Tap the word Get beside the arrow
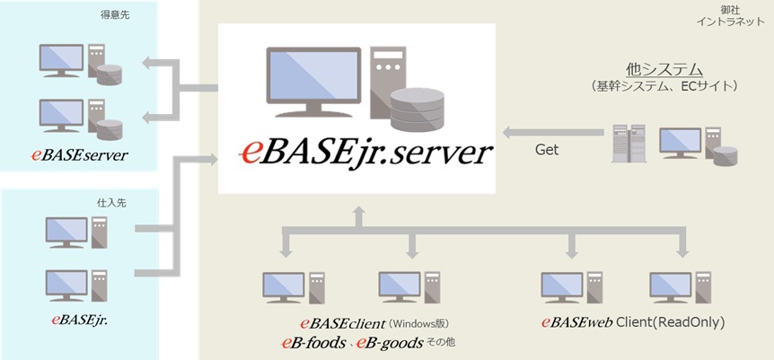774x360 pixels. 547,150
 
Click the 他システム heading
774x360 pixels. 664,69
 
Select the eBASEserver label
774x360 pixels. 80,155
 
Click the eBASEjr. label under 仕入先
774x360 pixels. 79,318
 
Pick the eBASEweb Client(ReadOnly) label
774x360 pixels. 632,321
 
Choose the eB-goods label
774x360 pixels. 388,343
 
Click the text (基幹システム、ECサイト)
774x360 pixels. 664,86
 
